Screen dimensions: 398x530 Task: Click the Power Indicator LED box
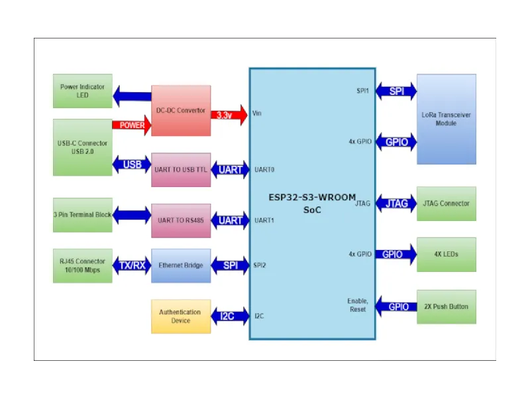(83, 91)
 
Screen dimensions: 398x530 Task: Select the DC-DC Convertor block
(181, 111)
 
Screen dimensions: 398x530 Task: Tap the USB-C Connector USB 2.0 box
(83, 147)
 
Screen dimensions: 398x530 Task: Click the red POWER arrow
(132, 125)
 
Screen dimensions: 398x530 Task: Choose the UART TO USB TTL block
(181, 170)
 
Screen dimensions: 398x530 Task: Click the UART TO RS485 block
(181, 220)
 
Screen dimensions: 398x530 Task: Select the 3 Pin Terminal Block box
(83, 215)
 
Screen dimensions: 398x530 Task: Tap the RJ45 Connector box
(83, 265)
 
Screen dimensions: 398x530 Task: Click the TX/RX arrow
(132, 265)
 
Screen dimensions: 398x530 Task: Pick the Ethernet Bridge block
(181, 265)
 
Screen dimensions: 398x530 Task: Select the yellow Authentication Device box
(181, 316)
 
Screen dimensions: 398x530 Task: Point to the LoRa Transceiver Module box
(446, 119)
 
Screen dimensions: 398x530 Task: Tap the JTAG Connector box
(446, 204)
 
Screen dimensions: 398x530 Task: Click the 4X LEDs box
(446, 254)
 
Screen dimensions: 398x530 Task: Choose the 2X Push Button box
(446, 306)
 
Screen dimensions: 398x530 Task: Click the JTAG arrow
(396, 204)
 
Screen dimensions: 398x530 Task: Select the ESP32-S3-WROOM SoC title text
(312, 203)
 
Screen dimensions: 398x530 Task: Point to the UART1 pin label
(264, 220)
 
